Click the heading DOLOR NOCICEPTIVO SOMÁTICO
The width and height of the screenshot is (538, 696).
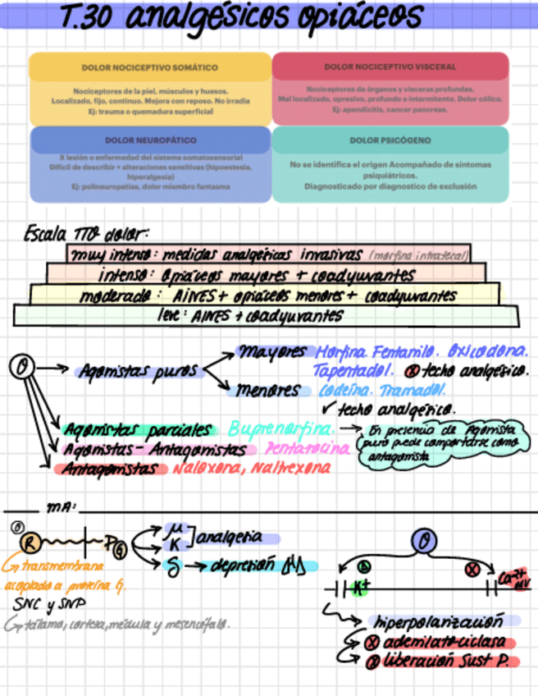pos(149,67)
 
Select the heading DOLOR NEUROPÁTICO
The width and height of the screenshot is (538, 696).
pos(149,140)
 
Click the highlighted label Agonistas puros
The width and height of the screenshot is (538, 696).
pos(139,371)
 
